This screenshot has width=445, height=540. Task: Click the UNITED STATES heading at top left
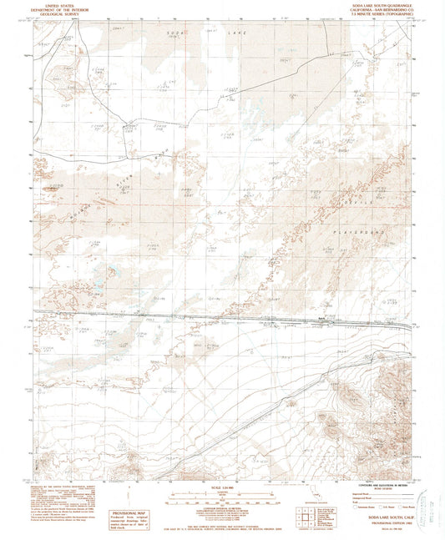pyautogui.click(x=58, y=5)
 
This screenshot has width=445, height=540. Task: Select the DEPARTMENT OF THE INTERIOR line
pyautogui.click(x=58, y=9)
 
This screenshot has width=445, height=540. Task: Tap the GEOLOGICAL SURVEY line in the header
pyautogui.click(x=58, y=13)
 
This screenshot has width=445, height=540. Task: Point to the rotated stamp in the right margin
pyautogui.click(x=433, y=502)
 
